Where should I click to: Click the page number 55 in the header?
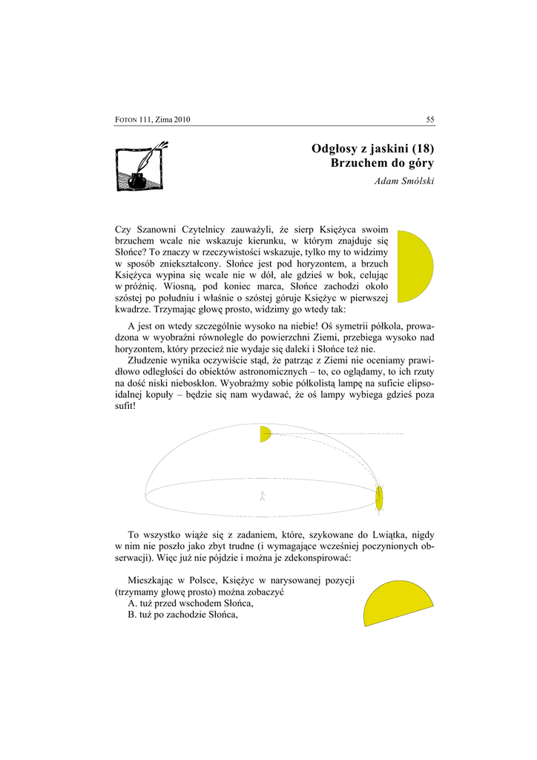coord(429,119)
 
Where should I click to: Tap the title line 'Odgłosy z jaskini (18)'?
coord(372,148)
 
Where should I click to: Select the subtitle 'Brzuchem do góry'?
coord(382,163)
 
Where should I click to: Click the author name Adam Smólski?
coord(404,182)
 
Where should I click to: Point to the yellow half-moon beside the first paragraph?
coord(413,266)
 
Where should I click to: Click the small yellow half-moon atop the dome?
coord(265,434)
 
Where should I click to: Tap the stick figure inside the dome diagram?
coord(262,496)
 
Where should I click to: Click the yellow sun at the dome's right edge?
coord(379,498)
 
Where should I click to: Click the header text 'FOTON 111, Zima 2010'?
coord(154,120)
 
